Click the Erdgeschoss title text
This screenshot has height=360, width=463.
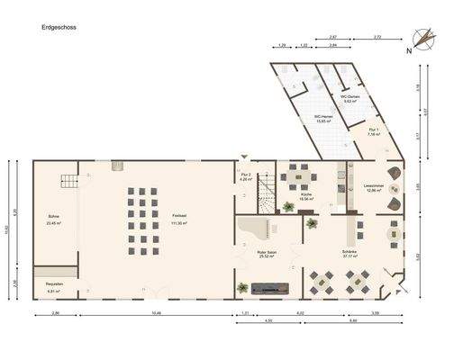tap(59, 28)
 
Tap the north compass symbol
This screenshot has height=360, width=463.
tap(422, 39)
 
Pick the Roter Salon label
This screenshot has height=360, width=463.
tap(266, 255)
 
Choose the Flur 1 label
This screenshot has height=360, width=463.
tap(375, 131)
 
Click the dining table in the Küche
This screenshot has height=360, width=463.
tap(297, 176)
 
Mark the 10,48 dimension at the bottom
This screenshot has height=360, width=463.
tap(157, 313)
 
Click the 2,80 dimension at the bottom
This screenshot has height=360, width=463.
tap(56, 313)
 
